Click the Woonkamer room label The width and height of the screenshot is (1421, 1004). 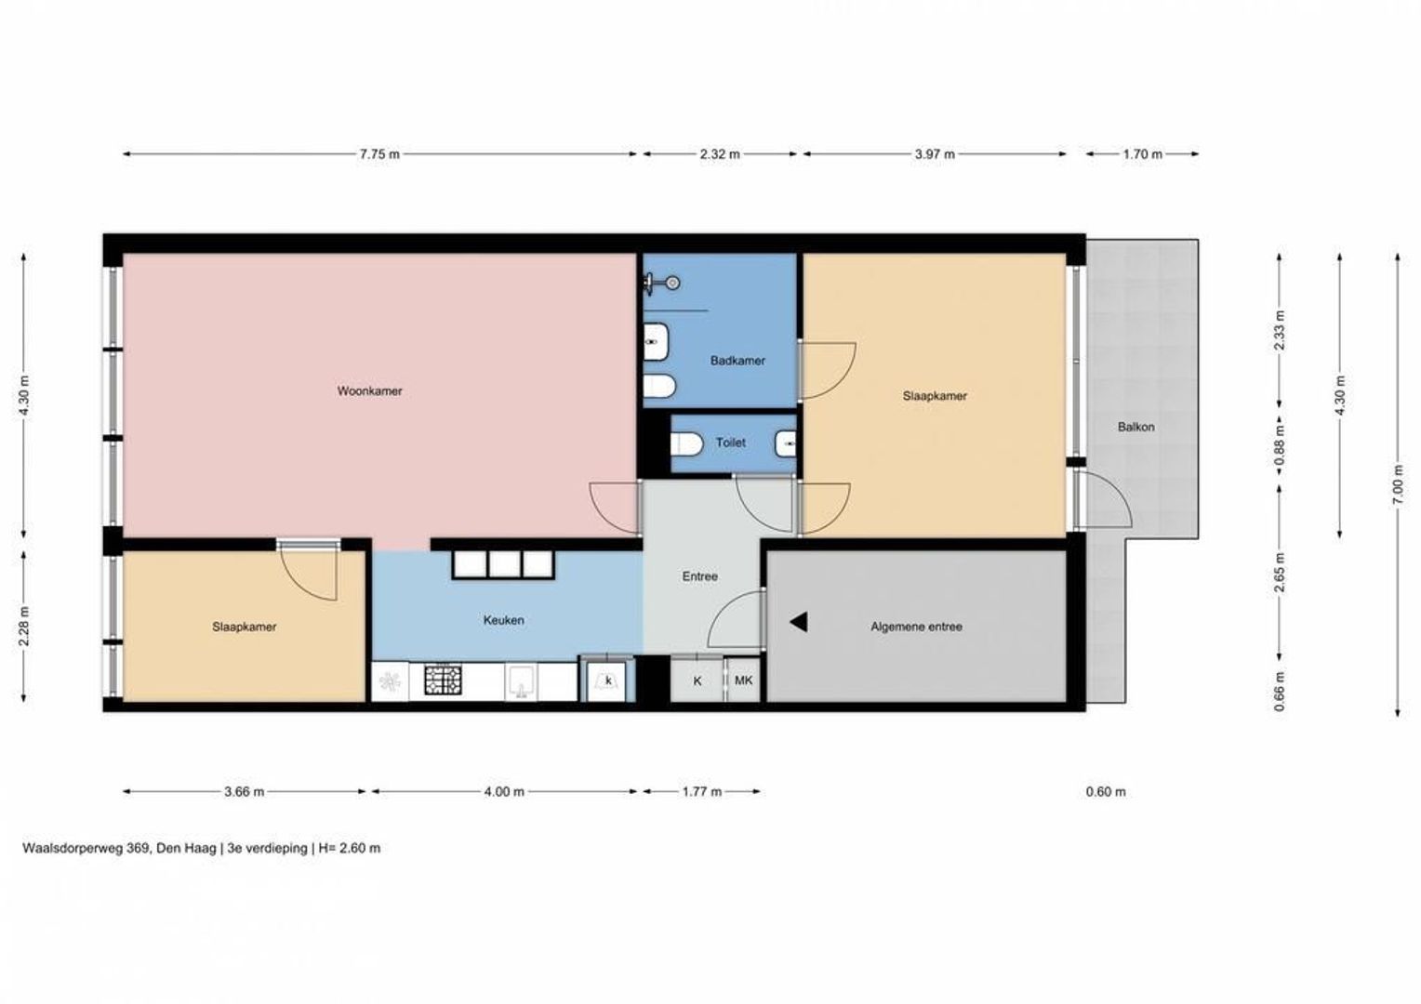[x=369, y=391]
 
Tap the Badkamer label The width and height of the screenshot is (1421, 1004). [x=737, y=361]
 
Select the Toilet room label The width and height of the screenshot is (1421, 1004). [x=731, y=443]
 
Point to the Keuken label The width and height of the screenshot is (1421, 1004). [x=504, y=620]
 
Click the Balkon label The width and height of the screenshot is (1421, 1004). [x=1135, y=427]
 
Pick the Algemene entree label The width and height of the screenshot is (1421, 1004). [x=916, y=627]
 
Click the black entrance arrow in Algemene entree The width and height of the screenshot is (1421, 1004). [x=799, y=622]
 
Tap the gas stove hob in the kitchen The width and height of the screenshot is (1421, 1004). [x=444, y=680]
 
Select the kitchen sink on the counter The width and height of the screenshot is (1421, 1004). [x=521, y=681]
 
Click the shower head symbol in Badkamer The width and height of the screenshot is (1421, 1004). [x=661, y=283]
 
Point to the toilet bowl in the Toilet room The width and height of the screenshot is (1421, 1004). [x=686, y=444]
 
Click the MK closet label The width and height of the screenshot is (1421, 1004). [x=743, y=680]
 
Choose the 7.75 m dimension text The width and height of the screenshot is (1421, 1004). [x=379, y=154]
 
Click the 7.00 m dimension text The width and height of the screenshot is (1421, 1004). [x=1398, y=485]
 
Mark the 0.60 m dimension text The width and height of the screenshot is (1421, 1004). [x=1106, y=791]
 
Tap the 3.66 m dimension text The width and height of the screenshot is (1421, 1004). [x=245, y=791]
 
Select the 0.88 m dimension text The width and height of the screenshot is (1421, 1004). [x=1281, y=453]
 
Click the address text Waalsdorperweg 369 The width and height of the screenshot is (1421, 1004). [x=85, y=848]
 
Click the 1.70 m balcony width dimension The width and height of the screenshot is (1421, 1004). [x=1143, y=154]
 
